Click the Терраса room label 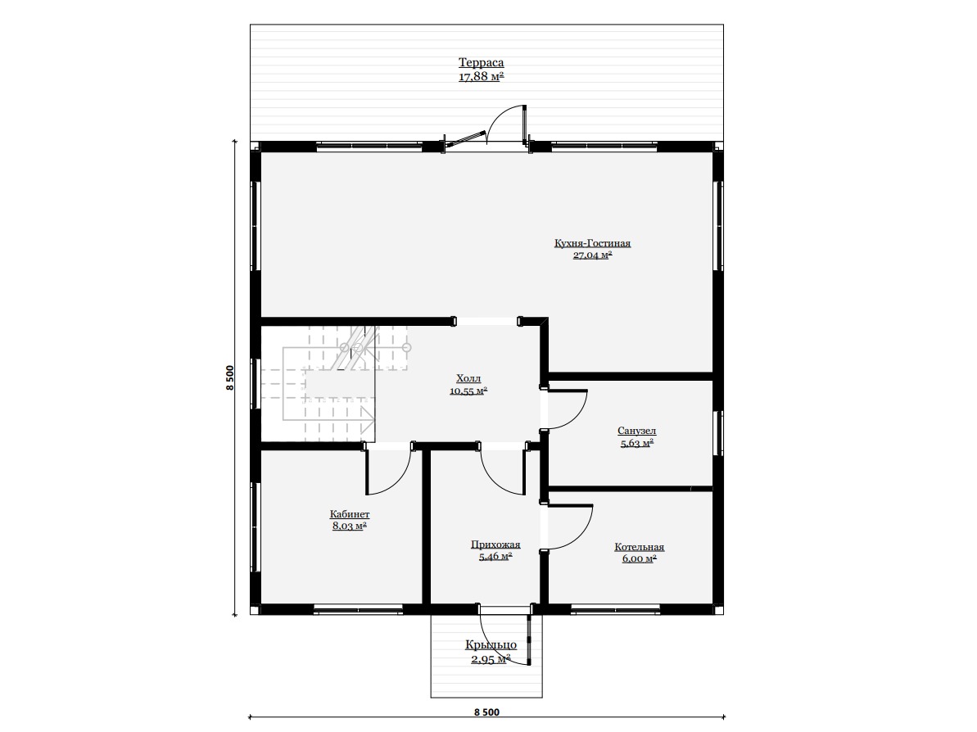coord(481,62)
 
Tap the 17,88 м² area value coord(481,77)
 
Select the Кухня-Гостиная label coord(593,243)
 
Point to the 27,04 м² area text coord(593,255)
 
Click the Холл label coord(468,378)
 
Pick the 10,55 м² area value coord(468,391)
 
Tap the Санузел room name coord(637,431)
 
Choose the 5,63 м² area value coord(637,444)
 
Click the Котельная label coord(640,547)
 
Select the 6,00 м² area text coord(640,558)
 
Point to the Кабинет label coord(350,514)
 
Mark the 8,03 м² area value coord(350,526)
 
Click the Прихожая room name coord(495,544)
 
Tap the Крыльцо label coord(491,644)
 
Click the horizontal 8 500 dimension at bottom coord(486,712)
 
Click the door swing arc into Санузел coord(576,416)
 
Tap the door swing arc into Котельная coord(580,535)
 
